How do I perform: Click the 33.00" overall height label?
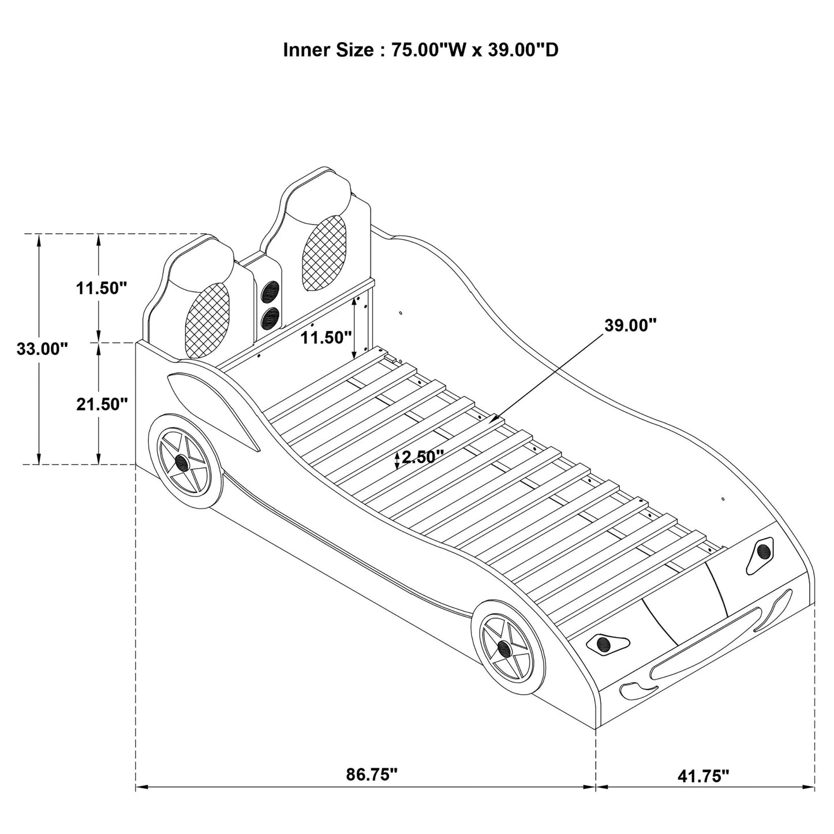click(42, 349)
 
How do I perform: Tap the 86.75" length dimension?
click(372, 774)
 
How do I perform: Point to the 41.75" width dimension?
click(703, 776)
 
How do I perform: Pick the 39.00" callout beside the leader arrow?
click(631, 325)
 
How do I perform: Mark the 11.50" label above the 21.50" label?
click(102, 287)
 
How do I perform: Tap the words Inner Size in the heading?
click(328, 50)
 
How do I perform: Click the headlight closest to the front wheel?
click(605, 642)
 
